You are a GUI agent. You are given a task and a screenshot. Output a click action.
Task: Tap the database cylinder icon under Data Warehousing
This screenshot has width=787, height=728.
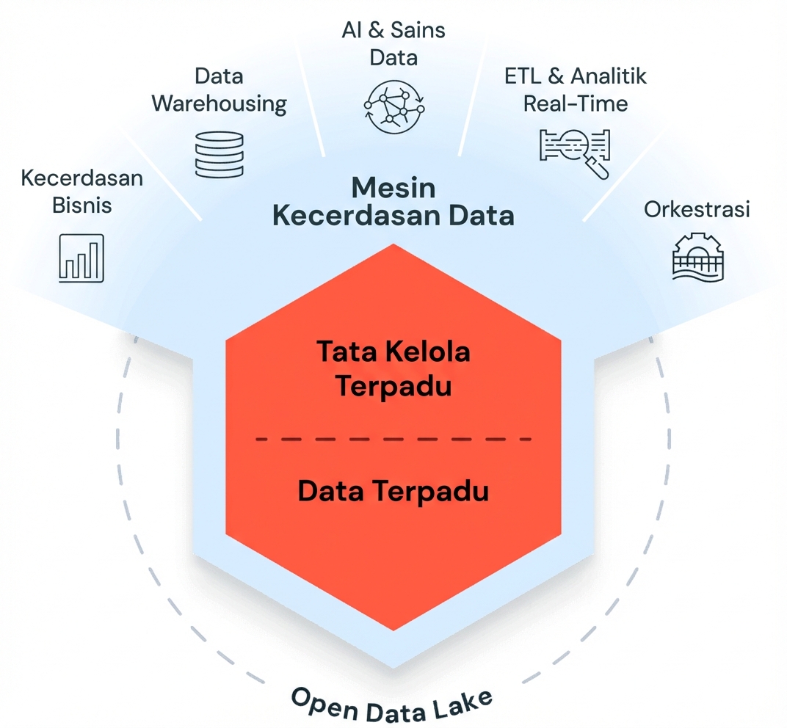tap(219, 154)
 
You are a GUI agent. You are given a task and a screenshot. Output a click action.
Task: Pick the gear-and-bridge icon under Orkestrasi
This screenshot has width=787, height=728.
tap(697, 257)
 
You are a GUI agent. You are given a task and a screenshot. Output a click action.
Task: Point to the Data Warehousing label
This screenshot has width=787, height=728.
tap(219, 90)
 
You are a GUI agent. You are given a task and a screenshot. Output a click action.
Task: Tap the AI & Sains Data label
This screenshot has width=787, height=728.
tap(393, 43)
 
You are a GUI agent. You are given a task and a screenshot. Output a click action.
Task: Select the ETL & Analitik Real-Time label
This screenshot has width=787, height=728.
tap(576, 89)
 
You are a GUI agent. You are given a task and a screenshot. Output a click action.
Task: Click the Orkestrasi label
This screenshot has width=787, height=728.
tap(697, 209)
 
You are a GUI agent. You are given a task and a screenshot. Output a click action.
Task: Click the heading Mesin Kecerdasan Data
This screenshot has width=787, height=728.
tap(393, 202)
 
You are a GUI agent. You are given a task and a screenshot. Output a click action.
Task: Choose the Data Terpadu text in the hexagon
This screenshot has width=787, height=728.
tap(393, 491)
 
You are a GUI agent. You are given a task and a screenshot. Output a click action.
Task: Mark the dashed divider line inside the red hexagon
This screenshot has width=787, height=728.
tap(393, 439)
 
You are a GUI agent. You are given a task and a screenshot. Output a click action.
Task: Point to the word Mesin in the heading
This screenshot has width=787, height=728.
tap(393, 188)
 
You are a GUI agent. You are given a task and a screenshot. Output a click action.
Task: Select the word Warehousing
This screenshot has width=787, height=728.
tap(219, 103)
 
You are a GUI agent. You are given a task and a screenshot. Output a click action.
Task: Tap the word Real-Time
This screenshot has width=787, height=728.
tap(576, 103)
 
